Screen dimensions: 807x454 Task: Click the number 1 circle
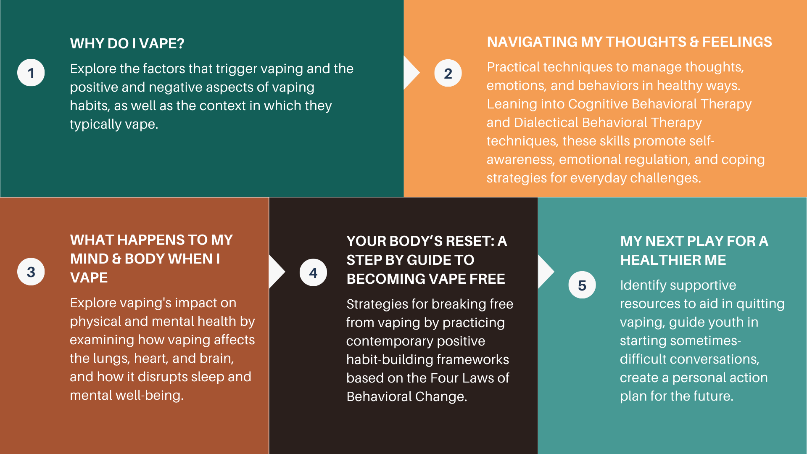pyautogui.click(x=31, y=73)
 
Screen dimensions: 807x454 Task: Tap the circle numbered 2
pyautogui.click(x=448, y=73)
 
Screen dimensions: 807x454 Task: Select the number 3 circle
pyautogui.click(x=31, y=272)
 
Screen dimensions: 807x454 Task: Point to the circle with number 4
pyautogui.click(x=313, y=272)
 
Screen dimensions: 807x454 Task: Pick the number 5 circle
pyautogui.click(x=582, y=285)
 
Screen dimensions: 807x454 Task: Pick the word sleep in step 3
pyautogui.click(x=201, y=377)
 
